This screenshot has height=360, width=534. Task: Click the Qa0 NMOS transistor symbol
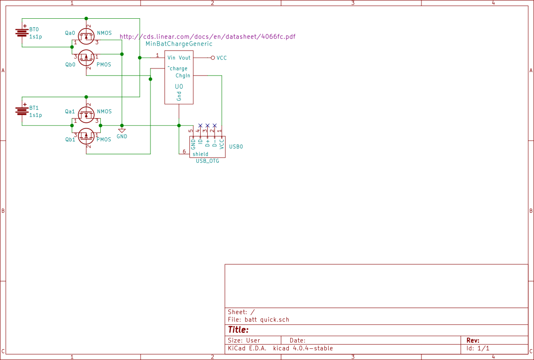[x=86, y=36]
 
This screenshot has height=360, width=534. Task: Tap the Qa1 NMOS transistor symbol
[x=86, y=114]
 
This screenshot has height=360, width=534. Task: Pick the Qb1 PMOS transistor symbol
[x=86, y=136]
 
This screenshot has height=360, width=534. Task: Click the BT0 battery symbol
[x=22, y=32]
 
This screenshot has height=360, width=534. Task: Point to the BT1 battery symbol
[x=22, y=111]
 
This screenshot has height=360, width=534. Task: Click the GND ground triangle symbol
[x=122, y=131]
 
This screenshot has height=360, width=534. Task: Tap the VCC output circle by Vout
[x=213, y=58]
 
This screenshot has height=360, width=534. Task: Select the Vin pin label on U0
[x=171, y=58]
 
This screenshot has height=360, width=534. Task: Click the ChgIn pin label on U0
[x=183, y=75]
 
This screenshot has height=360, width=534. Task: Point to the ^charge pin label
[x=177, y=68]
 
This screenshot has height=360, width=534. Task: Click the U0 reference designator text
[x=179, y=87]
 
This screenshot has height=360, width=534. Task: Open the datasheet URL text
[x=208, y=37]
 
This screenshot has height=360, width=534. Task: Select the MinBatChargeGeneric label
[x=179, y=44]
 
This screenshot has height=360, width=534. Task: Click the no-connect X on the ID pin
[x=200, y=126]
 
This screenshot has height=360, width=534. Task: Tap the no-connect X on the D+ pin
[x=207, y=126]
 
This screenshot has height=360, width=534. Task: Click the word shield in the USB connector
[x=200, y=154]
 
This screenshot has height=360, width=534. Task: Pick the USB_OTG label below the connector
[x=207, y=161]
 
